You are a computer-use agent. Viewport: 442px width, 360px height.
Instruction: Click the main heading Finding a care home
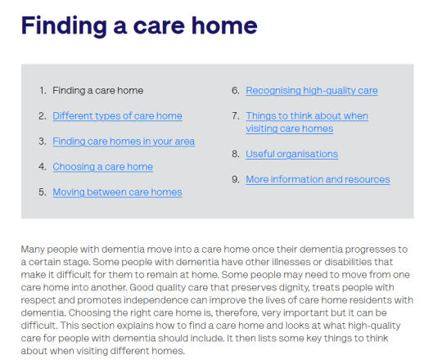[139, 26]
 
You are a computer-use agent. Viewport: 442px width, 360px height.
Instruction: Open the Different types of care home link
[117, 116]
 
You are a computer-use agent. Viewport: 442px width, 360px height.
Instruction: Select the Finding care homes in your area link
[124, 142]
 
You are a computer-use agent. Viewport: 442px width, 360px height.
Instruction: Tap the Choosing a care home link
[103, 167]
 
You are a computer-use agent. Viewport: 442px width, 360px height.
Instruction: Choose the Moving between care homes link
[117, 192]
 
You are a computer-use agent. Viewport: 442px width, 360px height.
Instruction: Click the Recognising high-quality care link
[312, 91]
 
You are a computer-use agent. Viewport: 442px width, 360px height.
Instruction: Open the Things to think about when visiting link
[307, 122]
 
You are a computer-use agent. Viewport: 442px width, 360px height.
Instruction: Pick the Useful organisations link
[291, 154]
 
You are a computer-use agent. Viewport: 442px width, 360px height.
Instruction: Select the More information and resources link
[318, 179]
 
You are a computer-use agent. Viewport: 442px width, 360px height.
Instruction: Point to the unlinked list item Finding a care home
[98, 91]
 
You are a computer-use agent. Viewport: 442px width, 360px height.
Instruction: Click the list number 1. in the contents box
[43, 91]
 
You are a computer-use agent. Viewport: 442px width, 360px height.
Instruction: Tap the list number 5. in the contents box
[43, 192]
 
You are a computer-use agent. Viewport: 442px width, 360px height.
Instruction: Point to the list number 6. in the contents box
[236, 91]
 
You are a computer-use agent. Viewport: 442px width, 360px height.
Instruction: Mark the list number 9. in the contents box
[236, 179]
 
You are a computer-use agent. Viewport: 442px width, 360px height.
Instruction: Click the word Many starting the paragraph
[33, 250]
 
